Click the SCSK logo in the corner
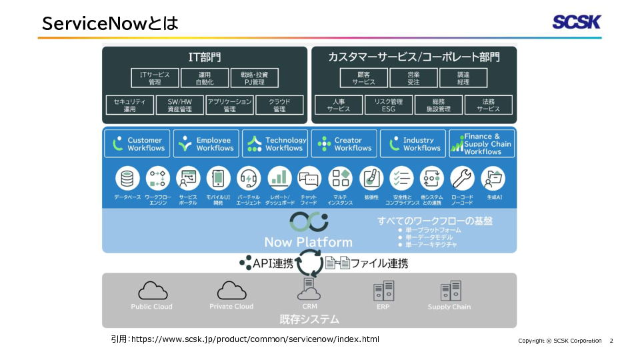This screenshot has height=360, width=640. click(576, 22)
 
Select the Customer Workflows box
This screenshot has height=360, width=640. click(137, 144)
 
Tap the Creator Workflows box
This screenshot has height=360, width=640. click(344, 144)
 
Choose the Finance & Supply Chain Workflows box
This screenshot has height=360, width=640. click(482, 144)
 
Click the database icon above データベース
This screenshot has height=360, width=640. click(127, 179)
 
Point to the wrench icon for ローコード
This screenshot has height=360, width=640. click(462, 179)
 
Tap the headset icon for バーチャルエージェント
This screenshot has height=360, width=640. click(249, 179)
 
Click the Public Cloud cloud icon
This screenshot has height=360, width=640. click(152, 291)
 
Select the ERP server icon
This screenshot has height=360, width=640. click(383, 291)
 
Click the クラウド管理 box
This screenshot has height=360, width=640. click(279, 105)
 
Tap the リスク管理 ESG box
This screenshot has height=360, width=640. click(388, 105)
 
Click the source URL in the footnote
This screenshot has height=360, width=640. click(255, 339)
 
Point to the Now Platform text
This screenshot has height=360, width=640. click(308, 242)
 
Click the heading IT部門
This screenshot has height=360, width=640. click(205, 57)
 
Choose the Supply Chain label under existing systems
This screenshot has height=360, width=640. click(449, 307)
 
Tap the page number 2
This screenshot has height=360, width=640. click(611, 341)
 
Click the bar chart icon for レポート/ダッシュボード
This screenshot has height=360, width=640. click(279, 179)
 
